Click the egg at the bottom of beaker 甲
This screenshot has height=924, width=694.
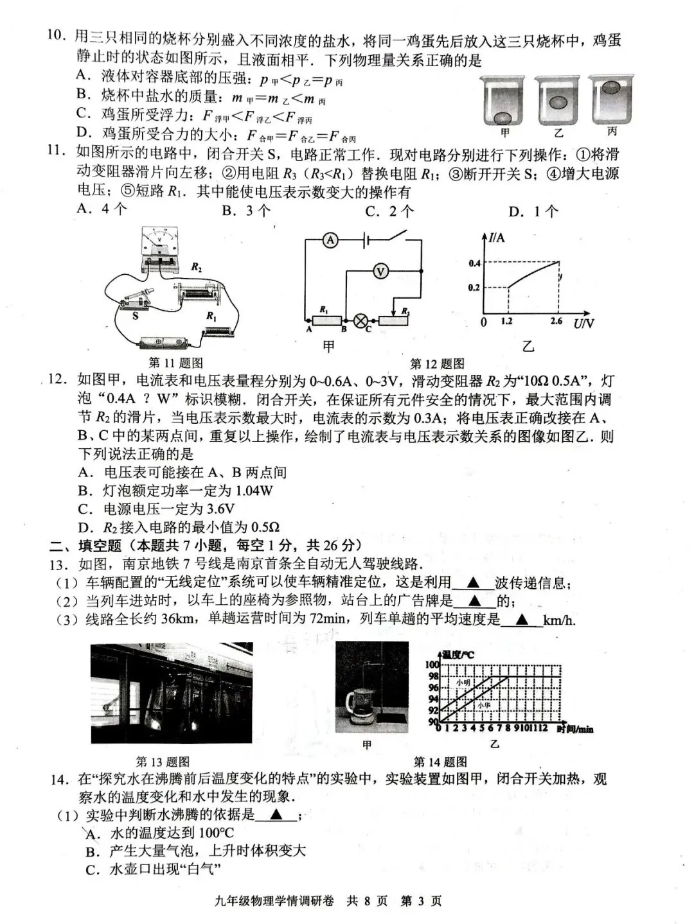click(503, 118)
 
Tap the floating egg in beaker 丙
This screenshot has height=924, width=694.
click(611, 86)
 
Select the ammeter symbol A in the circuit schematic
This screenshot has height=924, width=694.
click(330, 240)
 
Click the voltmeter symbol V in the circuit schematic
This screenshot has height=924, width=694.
click(380, 272)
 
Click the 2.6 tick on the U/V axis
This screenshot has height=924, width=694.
click(556, 321)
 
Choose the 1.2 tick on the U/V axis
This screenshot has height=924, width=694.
click(507, 321)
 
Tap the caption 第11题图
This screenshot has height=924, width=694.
click(175, 363)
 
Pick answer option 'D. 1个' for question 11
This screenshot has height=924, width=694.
click(533, 211)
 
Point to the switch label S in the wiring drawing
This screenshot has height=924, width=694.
click(135, 316)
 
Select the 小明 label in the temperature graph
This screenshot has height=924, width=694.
click(463, 683)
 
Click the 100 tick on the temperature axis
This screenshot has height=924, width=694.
click(432, 665)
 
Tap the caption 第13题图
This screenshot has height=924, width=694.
click(163, 762)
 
